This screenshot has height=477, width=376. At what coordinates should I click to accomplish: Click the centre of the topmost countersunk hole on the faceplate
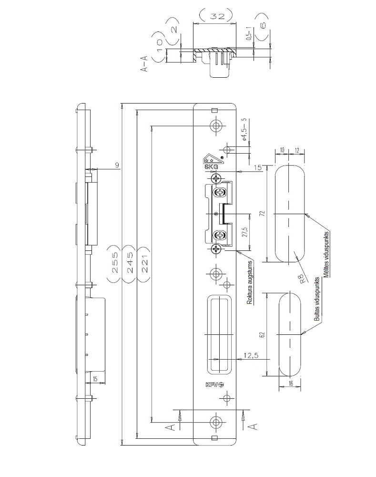click(x=216, y=125)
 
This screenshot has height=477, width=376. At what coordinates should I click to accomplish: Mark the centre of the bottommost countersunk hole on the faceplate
click(x=216, y=422)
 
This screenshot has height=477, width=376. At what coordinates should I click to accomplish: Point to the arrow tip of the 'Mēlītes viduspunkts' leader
click(x=305, y=215)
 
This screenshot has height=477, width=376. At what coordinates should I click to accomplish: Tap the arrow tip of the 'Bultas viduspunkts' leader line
click(x=301, y=334)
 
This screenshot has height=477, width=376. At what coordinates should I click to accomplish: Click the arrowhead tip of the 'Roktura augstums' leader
click(x=236, y=251)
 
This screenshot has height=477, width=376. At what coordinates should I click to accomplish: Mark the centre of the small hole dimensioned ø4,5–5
click(x=227, y=149)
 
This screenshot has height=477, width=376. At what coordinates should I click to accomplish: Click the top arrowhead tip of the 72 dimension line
click(x=266, y=166)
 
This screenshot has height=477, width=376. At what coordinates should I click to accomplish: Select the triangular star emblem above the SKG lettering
click(x=211, y=158)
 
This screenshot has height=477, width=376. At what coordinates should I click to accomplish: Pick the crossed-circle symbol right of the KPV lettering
click(x=221, y=384)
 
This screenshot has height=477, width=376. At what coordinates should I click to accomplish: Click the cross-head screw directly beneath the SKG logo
click(x=216, y=178)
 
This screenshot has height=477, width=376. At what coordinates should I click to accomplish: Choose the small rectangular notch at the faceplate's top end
click(x=214, y=110)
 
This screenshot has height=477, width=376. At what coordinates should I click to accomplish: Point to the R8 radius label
click(x=302, y=279)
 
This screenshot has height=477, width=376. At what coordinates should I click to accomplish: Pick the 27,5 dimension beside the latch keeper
click(x=245, y=232)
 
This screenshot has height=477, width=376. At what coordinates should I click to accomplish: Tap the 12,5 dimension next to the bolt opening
click(x=251, y=355)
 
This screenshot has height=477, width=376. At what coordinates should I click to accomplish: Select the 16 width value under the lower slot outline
click(x=291, y=384)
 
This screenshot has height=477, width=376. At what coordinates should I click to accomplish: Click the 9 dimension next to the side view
click(x=117, y=165)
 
